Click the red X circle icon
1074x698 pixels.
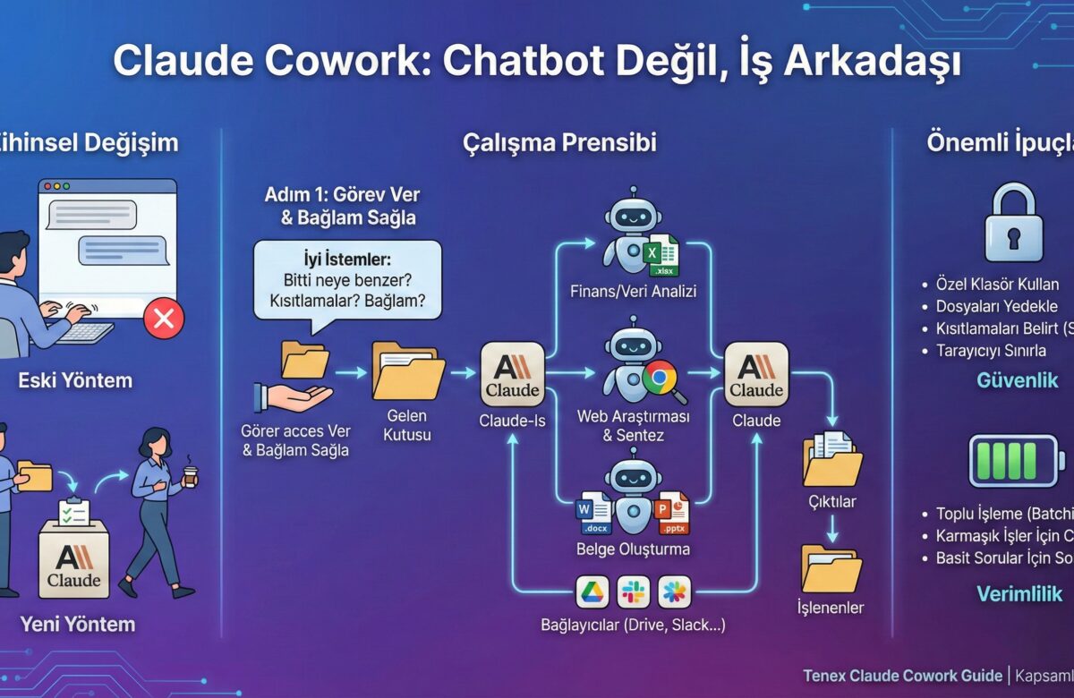coord(164,318)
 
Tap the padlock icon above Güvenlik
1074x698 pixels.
coord(1013,224)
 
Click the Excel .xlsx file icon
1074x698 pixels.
coord(663,256)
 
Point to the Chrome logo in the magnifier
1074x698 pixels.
coord(660,378)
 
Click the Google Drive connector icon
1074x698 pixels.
coord(592,591)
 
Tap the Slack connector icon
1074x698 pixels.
coord(634,591)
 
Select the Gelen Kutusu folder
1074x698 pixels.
coord(408,371)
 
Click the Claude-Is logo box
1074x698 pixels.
coord(512,372)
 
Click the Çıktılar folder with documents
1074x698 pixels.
coord(831,457)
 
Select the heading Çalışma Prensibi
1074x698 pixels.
coord(559,143)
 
